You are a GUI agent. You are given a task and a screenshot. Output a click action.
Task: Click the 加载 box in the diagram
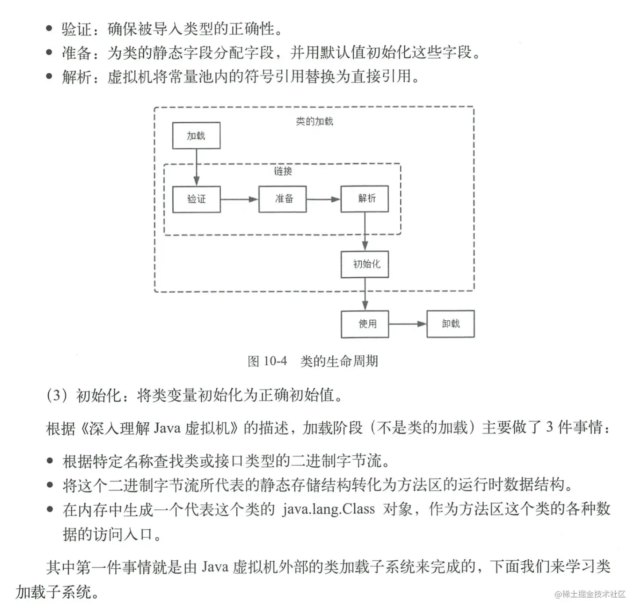(x=196, y=136)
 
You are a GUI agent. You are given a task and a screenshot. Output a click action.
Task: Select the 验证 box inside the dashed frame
(x=196, y=199)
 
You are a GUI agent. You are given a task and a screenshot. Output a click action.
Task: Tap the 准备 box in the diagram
(x=282, y=199)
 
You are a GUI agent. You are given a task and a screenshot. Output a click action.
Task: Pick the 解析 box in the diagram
(x=364, y=198)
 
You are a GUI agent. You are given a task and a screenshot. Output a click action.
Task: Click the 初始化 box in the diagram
(x=364, y=264)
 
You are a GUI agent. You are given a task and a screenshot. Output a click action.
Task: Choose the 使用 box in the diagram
(x=364, y=324)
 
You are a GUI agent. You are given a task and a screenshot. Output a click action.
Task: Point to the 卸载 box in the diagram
(x=450, y=324)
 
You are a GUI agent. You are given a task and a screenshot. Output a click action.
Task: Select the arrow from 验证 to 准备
(x=239, y=199)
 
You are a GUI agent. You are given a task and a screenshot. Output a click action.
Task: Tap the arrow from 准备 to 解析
(x=323, y=199)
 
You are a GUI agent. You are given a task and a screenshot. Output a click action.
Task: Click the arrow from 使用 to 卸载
(x=407, y=324)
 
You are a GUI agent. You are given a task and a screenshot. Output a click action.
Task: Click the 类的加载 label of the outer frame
(x=314, y=122)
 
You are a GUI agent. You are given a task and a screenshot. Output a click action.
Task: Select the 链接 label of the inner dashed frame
(x=283, y=171)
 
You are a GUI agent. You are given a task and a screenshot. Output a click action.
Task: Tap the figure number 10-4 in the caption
(x=275, y=361)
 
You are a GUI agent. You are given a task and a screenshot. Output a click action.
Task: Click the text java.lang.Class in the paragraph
(x=328, y=509)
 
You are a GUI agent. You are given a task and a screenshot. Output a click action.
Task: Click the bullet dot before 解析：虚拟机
(x=49, y=76)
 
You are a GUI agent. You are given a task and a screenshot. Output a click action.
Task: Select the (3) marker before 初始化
(x=56, y=394)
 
